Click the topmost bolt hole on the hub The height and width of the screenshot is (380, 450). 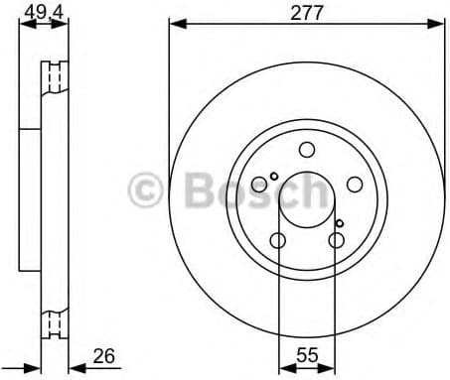[307, 150]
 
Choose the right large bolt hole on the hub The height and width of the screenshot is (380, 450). [355, 184]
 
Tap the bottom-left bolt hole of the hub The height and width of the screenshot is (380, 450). [278, 239]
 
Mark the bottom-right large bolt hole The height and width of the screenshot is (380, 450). [337, 239]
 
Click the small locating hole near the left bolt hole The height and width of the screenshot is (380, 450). [274, 177]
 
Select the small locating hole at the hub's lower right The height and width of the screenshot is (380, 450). [340, 223]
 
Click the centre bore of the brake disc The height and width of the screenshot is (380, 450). [307, 199]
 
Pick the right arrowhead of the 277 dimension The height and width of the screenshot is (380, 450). [437, 27]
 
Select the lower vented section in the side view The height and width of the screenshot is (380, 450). [55, 321]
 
